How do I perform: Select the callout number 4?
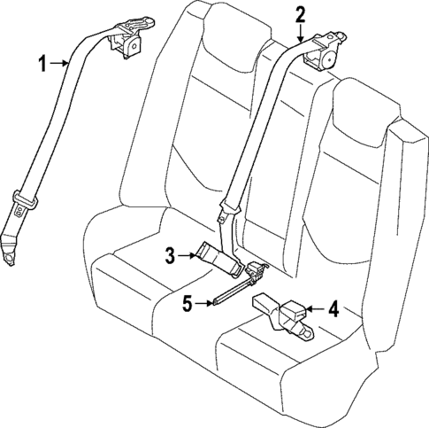pyautogui.click(x=333, y=309)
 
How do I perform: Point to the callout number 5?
pyautogui.click(x=187, y=303)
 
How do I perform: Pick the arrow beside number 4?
pyautogui.click(x=315, y=309)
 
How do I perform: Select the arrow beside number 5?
pyautogui.click(x=203, y=303)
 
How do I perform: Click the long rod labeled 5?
pyautogui.click(x=234, y=291)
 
